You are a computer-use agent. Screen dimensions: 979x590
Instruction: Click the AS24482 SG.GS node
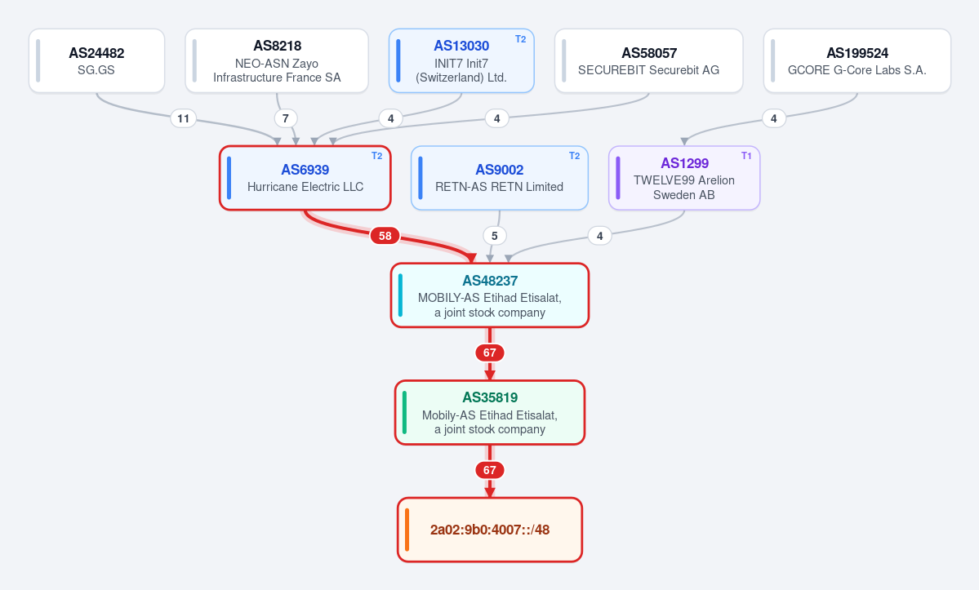[97, 60]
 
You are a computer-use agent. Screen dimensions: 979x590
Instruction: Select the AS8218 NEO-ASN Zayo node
[277, 60]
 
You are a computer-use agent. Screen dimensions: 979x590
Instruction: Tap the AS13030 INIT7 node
[461, 60]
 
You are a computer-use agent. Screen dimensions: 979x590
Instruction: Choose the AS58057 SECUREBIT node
[648, 60]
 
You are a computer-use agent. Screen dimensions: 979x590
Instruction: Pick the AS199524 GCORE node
[857, 60]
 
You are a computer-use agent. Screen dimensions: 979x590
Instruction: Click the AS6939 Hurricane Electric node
[305, 178]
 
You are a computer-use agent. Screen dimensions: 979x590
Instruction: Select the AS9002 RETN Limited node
[500, 178]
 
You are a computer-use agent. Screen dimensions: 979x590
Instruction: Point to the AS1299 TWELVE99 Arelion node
[684, 178]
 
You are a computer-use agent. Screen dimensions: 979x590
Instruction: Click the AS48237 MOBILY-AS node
[490, 295]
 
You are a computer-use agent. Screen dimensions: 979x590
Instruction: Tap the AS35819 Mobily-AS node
[490, 412]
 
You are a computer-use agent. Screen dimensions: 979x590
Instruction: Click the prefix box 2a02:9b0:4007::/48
[490, 530]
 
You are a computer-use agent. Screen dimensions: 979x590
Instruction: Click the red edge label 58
[385, 236]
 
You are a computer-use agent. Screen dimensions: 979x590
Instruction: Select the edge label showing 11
[183, 118]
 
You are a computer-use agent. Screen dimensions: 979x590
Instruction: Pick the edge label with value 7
[285, 118]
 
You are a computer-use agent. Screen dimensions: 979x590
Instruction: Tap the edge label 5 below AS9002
[495, 236]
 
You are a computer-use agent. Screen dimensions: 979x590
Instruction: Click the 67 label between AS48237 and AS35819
[490, 353]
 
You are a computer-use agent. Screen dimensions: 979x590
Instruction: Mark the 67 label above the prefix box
[490, 470]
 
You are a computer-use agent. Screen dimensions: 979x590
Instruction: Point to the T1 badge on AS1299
[746, 156]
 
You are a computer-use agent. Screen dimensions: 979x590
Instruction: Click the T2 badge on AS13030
[521, 39]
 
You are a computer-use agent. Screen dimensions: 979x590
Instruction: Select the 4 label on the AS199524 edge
[773, 118]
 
